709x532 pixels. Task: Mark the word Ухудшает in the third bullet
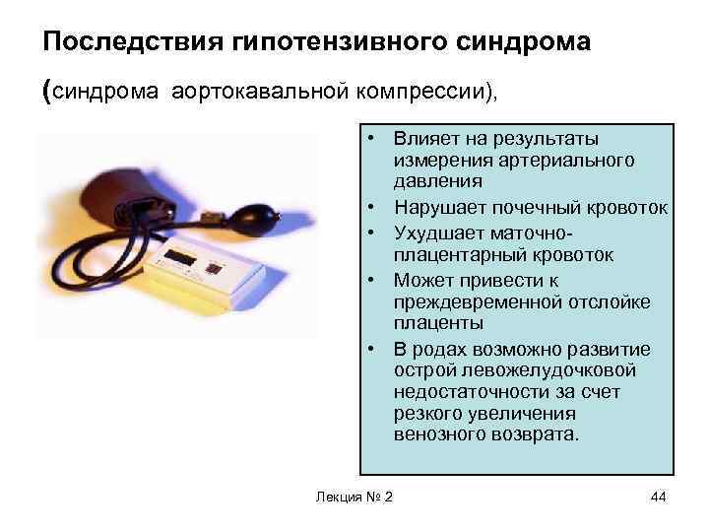[x=434, y=232]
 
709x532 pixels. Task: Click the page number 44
[x=659, y=495]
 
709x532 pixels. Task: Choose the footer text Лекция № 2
[x=352, y=495]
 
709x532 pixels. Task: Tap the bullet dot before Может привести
[x=376, y=280]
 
